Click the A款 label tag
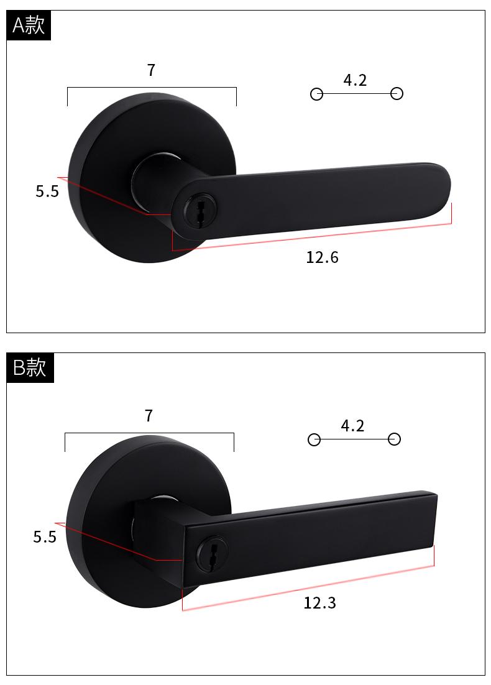(x=29, y=25)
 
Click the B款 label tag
(x=30, y=367)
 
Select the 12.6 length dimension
(x=322, y=257)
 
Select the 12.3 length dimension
(x=319, y=603)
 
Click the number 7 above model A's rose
(x=151, y=70)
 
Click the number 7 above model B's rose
(x=149, y=415)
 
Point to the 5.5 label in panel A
(x=47, y=191)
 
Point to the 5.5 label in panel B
(x=45, y=537)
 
